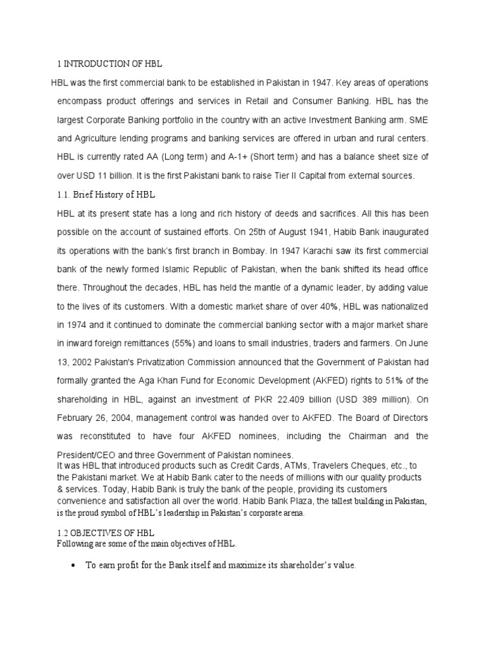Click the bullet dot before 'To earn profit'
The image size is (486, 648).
[75, 565]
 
